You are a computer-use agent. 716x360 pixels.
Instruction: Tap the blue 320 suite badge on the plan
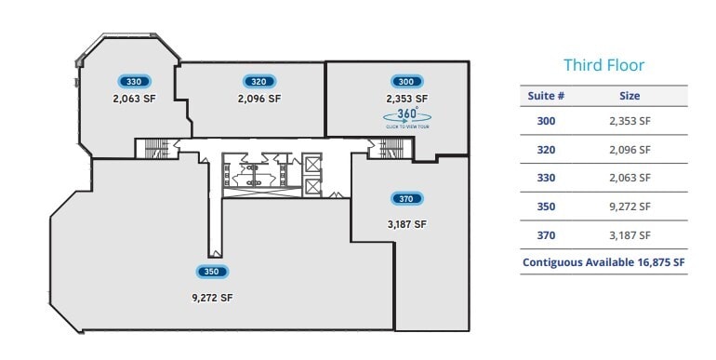pyautogui.click(x=259, y=81)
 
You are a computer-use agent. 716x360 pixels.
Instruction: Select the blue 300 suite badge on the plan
pyautogui.click(x=406, y=81)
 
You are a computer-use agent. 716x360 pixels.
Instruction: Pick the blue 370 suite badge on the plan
pyautogui.click(x=406, y=198)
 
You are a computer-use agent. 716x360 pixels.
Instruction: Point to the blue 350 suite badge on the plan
pyautogui.click(x=213, y=272)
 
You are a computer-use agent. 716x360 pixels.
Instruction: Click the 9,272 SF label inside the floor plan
pyautogui.click(x=213, y=298)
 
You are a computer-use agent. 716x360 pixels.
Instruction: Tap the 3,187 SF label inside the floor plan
pyautogui.click(x=406, y=223)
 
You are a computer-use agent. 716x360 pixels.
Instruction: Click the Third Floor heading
pyautogui.click(x=603, y=65)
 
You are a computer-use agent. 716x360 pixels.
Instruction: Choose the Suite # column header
pyautogui.click(x=548, y=96)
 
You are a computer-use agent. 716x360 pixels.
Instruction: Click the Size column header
pyautogui.click(x=630, y=96)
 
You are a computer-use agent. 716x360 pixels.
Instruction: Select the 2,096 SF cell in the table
pyautogui.click(x=630, y=150)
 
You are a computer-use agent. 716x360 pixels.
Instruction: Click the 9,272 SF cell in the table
pyautogui.click(x=630, y=207)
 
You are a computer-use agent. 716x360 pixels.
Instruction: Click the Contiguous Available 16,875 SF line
pyautogui.click(x=603, y=263)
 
